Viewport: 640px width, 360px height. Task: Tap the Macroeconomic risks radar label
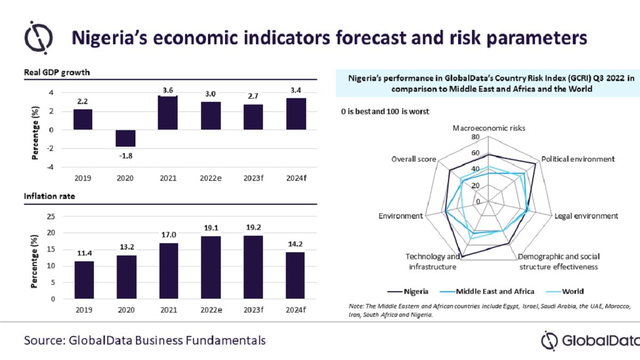point(488,128)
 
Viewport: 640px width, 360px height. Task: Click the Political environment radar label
point(578,159)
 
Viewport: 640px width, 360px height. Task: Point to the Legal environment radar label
point(586,216)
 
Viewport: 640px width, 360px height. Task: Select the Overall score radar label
point(413,159)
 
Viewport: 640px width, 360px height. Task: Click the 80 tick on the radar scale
point(475,137)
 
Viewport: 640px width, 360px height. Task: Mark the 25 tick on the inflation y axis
point(51,217)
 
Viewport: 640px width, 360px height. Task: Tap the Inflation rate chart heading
point(50,196)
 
